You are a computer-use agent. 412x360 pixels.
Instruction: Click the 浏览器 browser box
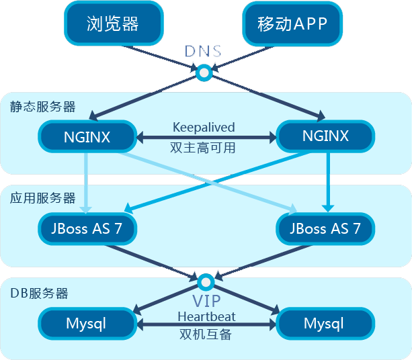coord(112,24)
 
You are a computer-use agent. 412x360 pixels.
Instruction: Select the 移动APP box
coord(292,24)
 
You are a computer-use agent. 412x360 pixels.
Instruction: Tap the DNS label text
coord(203,52)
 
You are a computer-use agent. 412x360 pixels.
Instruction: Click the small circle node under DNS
coord(203,71)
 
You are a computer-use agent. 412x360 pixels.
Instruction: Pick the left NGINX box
coord(87,136)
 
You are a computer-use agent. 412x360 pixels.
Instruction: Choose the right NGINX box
coord(325,136)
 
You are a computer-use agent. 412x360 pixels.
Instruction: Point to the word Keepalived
coord(204,127)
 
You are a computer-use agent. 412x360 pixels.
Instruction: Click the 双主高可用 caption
coord(204,148)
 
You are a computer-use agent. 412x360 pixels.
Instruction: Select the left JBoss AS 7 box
coord(87,228)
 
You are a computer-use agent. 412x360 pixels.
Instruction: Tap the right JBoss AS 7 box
coord(325,228)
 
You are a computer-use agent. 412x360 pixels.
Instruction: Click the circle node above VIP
coord(206,281)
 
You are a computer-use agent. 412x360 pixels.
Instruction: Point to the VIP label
coord(206,300)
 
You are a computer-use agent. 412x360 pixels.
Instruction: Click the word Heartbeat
coord(206,316)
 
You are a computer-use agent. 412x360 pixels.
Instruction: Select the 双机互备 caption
coord(206,334)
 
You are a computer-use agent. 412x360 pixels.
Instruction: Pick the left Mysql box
coord(87,324)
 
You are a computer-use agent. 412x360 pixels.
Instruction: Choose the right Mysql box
coord(324,324)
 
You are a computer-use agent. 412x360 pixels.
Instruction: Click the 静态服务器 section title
coord(42,106)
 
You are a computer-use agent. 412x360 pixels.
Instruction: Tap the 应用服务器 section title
coord(42,198)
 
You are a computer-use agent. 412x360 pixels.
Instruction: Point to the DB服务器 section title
coord(40,294)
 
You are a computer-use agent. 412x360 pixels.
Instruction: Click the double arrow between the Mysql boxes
coord(206,324)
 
